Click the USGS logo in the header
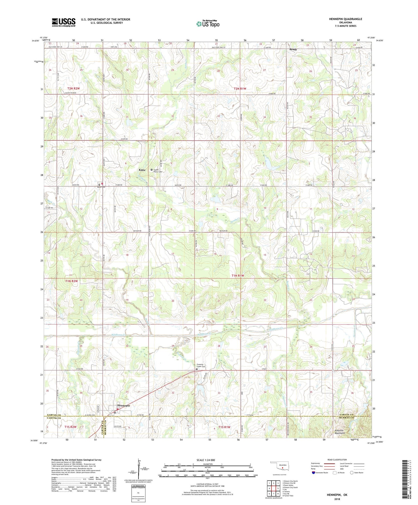(x=64, y=22)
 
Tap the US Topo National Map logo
(x=208, y=24)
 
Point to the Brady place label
(x=293, y=49)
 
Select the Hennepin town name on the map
(x=123, y=406)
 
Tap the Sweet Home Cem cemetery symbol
(x=152, y=170)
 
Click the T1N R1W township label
(x=238, y=275)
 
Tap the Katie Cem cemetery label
(x=101, y=187)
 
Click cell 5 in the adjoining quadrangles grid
(x=278, y=488)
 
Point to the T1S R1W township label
(x=224, y=427)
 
